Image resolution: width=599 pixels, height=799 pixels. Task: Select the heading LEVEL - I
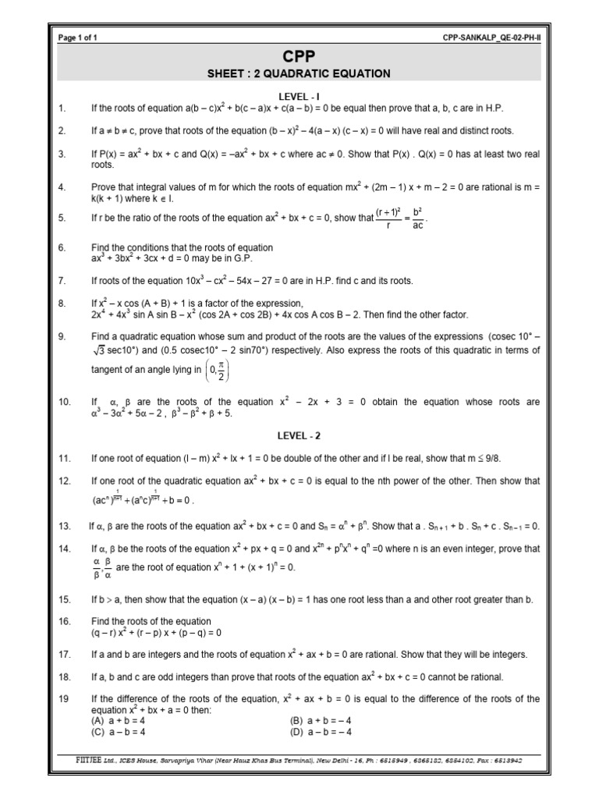(299, 95)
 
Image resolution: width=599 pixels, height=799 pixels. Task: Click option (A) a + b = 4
(119, 721)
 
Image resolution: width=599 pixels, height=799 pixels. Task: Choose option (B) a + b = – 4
(321, 721)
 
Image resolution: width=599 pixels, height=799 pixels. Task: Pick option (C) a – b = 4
(119, 732)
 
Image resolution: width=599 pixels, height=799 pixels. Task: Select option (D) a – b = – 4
(321, 732)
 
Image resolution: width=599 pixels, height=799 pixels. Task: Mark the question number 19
(64, 698)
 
